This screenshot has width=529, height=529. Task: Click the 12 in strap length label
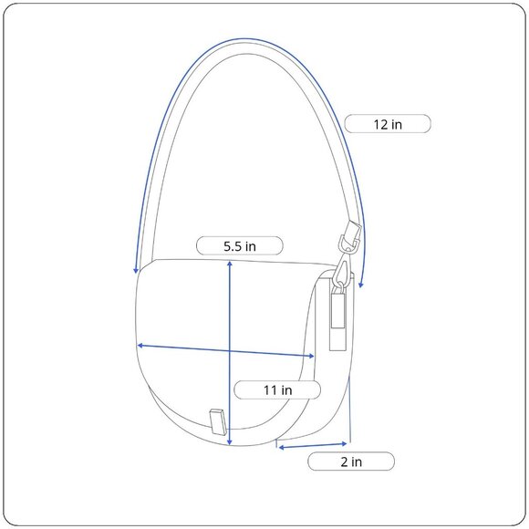point(388,124)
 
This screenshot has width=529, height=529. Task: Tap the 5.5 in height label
point(240,246)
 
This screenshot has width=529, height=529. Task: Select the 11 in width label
point(277,390)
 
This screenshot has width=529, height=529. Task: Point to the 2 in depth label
point(351,462)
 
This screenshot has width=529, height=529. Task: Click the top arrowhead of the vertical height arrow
point(230,264)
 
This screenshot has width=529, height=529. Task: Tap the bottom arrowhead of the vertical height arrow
point(230,441)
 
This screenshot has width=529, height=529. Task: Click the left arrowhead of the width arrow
point(140,346)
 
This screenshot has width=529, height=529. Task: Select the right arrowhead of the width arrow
point(311,356)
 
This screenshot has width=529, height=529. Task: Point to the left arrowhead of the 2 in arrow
point(281,448)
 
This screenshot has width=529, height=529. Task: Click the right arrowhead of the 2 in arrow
point(344,443)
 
